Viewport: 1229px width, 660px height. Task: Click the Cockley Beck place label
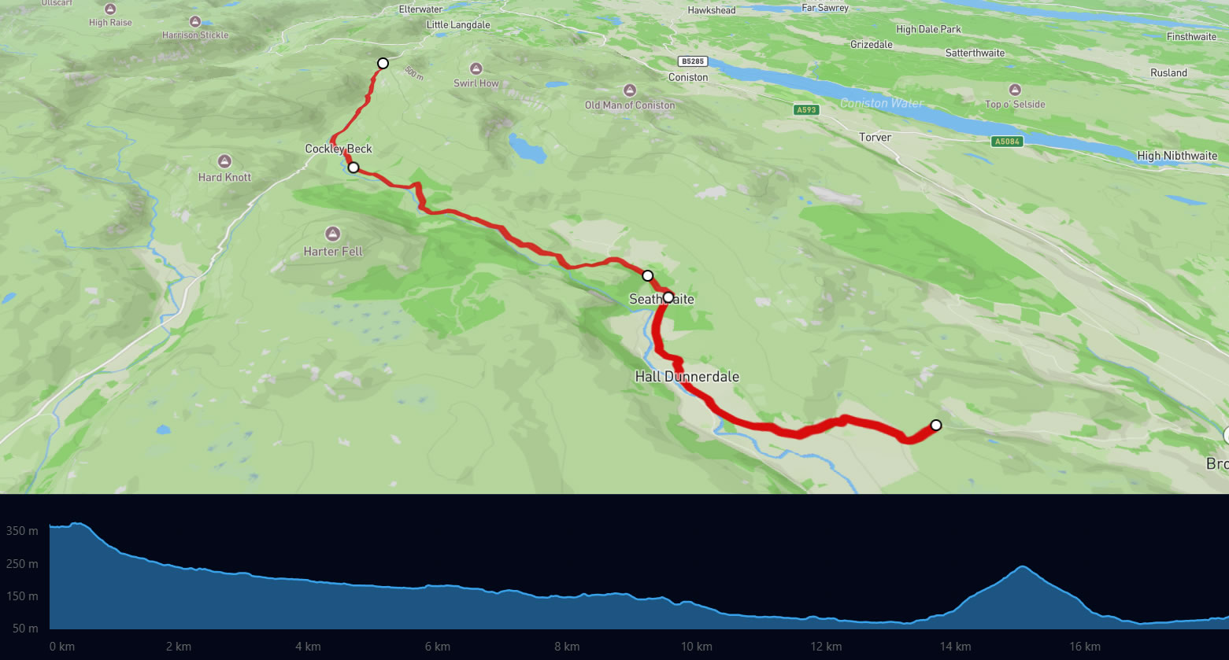tap(339, 149)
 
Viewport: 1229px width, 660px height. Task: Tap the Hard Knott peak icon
tap(224, 161)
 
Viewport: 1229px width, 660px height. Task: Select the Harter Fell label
tap(333, 252)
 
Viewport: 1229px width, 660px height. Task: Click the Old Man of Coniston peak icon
tap(629, 90)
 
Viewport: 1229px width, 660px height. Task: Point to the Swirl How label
tap(476, 83)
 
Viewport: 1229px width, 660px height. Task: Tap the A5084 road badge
tap(1006, 142)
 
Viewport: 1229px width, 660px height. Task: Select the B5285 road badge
tap(693, 61)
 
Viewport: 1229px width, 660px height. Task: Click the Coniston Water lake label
tap(882, 103)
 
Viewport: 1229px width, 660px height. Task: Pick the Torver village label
tap(875, 137)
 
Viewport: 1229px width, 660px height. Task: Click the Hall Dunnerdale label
tap(687, 377)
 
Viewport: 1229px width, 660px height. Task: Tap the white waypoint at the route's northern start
tap(383, 63)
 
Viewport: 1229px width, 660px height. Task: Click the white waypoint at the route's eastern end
tap(935, 425)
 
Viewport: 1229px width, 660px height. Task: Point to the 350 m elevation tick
tap(22, 531)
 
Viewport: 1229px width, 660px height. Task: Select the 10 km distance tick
tap(696, 647)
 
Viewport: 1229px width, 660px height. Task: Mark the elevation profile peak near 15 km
tap(1022, 566)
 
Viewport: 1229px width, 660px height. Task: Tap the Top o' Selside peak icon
tap(1015, 90)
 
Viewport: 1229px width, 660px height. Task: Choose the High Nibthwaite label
tap(1177, 156)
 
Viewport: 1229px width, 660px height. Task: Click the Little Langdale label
tap(458, 25)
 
